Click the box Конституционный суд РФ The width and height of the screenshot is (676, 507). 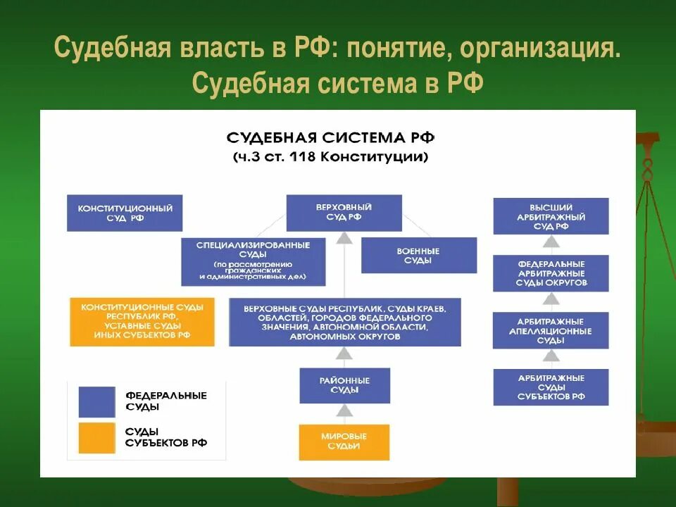click(125, 213)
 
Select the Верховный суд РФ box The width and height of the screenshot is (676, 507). click(344, 213)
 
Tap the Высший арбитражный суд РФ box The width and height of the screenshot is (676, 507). click(551, 216)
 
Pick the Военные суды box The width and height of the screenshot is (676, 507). click(418, 255)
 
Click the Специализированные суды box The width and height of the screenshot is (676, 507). click(254, 261)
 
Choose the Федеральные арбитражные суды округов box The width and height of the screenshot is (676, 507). click(551, 273)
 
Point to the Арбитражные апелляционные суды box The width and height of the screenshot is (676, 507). click(551, 330)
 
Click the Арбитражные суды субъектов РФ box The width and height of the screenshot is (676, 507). click(551, 387)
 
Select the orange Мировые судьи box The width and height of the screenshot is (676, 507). click(344, 442)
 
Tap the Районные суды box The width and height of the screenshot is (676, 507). click(344, 384)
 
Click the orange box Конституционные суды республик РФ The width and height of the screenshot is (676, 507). click(142, 321)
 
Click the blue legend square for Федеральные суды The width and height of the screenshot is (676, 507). click(96, 401)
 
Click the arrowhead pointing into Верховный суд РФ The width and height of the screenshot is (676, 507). click(344, 238)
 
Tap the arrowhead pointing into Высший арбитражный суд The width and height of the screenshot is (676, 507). click(551, 240)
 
